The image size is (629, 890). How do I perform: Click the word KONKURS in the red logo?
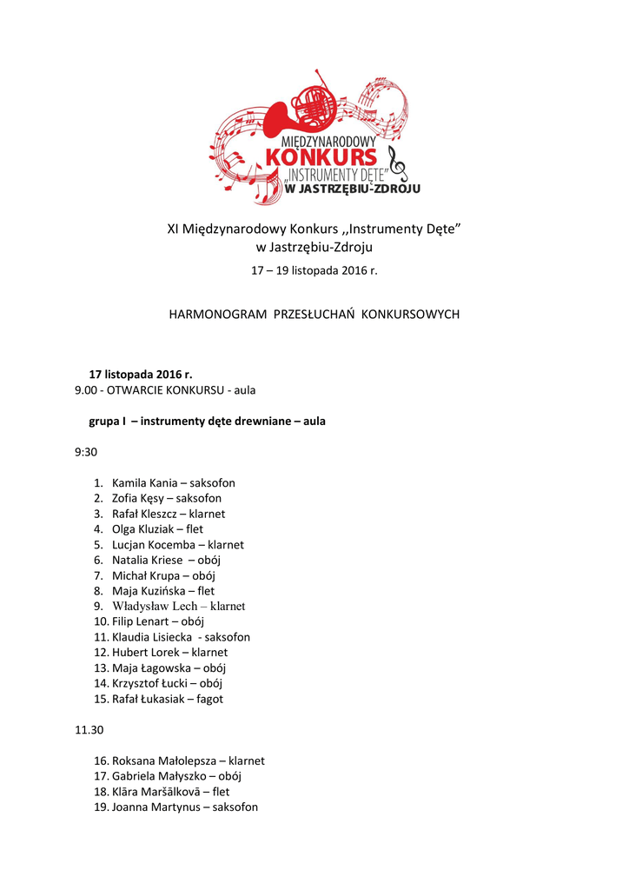click(x=321, y=157)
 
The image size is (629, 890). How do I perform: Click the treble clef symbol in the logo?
click(x=396, y=163)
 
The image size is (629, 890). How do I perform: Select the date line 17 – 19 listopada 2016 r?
click(x=314, y=270)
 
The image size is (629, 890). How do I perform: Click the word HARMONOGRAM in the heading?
click(x=217, y=314)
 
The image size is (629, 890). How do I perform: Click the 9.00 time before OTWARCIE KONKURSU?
click(x=87, y=389)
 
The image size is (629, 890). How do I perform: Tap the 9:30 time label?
click(x=86, y=452)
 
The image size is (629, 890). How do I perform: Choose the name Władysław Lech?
click(x=155, y=606)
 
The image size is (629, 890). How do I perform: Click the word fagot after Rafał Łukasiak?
click(x=211, y=699)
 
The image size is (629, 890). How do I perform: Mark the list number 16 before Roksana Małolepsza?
click(x=100, y=760)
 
